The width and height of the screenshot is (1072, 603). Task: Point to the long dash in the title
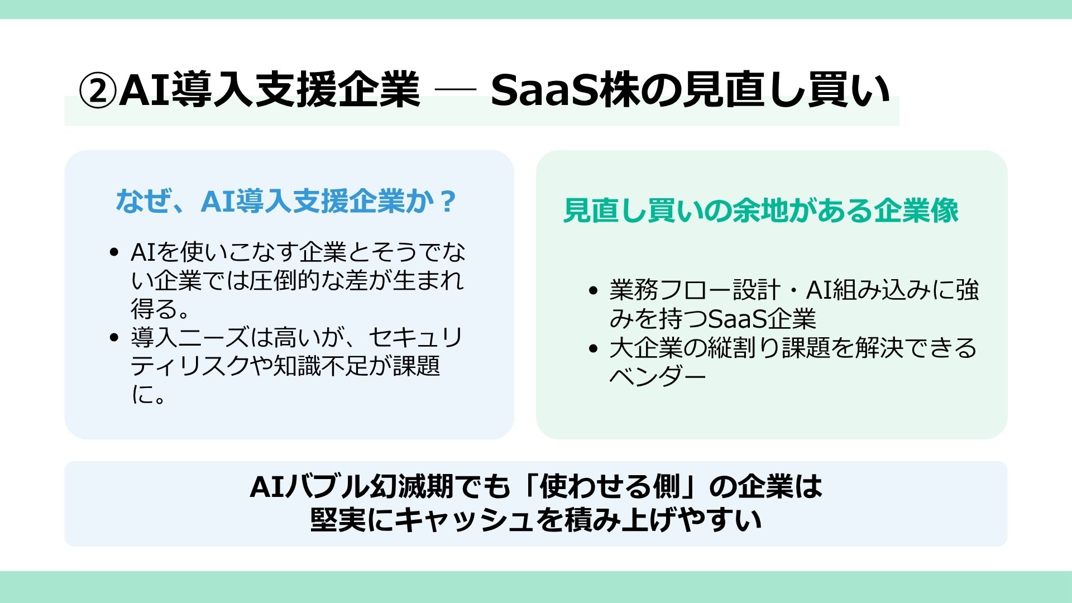[x=454, y=88]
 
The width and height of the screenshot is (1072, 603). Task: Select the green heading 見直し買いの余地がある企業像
[x=760, y=210]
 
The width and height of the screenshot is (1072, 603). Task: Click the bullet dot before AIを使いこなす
[x=114, y=252]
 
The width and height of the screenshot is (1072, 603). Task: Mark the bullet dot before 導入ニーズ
[x=114, y=337]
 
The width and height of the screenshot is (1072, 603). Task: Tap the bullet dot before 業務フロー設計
[x=593, y=290]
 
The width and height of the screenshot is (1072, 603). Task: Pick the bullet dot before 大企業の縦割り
[x=593, y=348]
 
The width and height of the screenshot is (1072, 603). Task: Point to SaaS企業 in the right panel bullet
[x=762, y=319]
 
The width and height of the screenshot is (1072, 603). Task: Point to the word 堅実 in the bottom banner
[x=338, y=520]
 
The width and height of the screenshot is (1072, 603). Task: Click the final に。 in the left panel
[x=149, y=395]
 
